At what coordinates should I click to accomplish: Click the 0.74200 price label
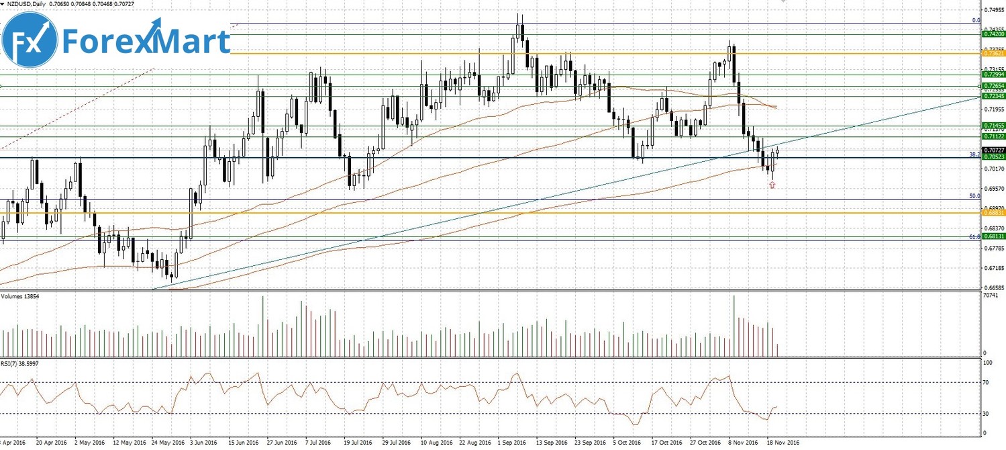click(x=993, y=33)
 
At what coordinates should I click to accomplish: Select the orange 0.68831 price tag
click(x=993, y=212)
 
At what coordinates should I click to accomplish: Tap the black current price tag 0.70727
click(x=993, y=150)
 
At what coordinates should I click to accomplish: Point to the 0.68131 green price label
click(x=993, y=236)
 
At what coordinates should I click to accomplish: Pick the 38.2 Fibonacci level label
click(x=974, y=154)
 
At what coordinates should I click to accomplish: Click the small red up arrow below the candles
click(x=772, y=185)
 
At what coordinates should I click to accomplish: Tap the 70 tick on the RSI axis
click(x=987, y=382)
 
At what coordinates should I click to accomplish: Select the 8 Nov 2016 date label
click(x=744, y=443)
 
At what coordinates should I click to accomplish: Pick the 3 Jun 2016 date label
click(x=205, y=443)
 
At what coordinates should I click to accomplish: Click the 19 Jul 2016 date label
click(x=358, y=443)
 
